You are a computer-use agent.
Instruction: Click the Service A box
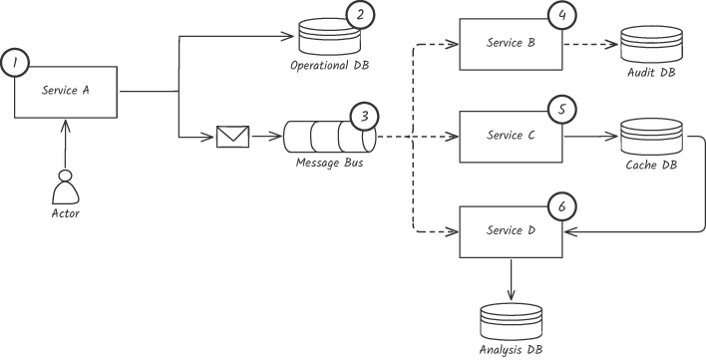pos(66,93)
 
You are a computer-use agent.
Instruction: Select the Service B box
pos(511,44)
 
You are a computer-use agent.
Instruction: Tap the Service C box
pos(511,137)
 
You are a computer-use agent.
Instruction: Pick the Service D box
pos(511,231)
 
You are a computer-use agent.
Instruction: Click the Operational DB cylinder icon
pos(329,37)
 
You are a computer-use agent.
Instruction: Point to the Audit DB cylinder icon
pos(651,44)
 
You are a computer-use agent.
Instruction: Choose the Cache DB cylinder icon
pos(651,137)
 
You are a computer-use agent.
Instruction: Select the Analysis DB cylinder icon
pos(511,322)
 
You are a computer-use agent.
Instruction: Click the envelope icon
pos(232,137)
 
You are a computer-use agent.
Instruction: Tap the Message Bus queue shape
pos(330,137)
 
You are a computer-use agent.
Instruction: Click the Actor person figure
pos(66,187)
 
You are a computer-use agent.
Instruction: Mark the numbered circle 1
pos(15,63)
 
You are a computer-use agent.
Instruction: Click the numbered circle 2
pos(360,15)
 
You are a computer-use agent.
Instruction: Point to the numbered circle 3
pos(364,117)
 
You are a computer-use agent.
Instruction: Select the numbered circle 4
pos(562,15)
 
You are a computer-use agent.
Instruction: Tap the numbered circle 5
pos(562,111)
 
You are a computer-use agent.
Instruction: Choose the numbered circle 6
pos(562,207)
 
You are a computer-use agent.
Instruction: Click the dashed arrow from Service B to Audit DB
pos(590,45)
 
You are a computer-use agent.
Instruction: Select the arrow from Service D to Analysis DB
pos(511,279)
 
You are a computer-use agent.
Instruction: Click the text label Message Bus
pos(330,163)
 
